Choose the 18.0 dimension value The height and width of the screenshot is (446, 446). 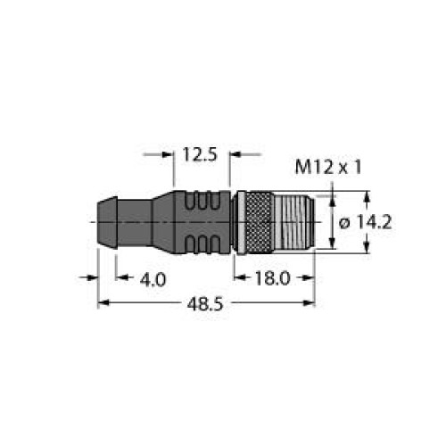[x=272, y=279]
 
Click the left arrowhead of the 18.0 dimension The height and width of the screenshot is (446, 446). [x=237, y=279]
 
